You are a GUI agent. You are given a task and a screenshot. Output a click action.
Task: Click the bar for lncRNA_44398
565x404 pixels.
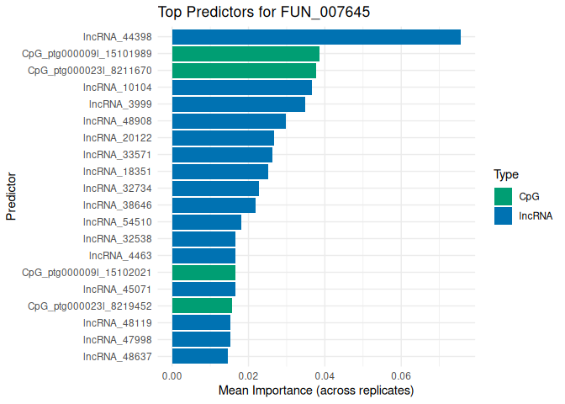(316, 37)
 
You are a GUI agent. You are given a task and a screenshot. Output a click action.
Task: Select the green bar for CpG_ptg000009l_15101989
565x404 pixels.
(246, 54)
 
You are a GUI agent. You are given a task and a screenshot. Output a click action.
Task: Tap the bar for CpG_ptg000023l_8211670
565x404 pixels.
(244, 71)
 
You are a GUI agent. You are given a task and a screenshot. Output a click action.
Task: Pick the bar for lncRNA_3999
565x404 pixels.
(239, 104)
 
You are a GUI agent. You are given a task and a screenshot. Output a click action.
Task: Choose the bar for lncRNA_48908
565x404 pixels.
(229, 121)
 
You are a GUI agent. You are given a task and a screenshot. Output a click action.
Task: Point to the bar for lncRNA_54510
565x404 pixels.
(207, 222)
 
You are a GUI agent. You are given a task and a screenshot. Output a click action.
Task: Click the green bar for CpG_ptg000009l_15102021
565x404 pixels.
(203, 273)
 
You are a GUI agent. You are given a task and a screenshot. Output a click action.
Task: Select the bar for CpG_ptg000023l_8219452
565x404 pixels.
(202, 306)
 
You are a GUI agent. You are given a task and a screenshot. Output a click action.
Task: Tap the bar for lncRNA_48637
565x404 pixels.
(200, 356)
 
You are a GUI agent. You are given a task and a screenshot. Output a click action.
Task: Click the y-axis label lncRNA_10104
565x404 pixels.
(117, 88)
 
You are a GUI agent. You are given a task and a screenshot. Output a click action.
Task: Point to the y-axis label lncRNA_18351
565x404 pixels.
(117, 172)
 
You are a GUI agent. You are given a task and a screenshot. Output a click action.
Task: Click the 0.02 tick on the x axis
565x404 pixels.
(248, 376)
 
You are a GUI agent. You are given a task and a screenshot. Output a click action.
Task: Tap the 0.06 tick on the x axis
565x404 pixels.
(401, 376)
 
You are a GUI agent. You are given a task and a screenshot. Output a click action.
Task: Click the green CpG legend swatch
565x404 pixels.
(503, 196)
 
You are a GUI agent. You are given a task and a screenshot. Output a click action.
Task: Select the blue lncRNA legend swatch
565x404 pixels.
(503, 215)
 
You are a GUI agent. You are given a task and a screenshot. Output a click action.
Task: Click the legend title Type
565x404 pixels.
(505, 175)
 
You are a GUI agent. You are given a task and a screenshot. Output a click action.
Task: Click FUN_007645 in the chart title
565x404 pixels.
(289, 12)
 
